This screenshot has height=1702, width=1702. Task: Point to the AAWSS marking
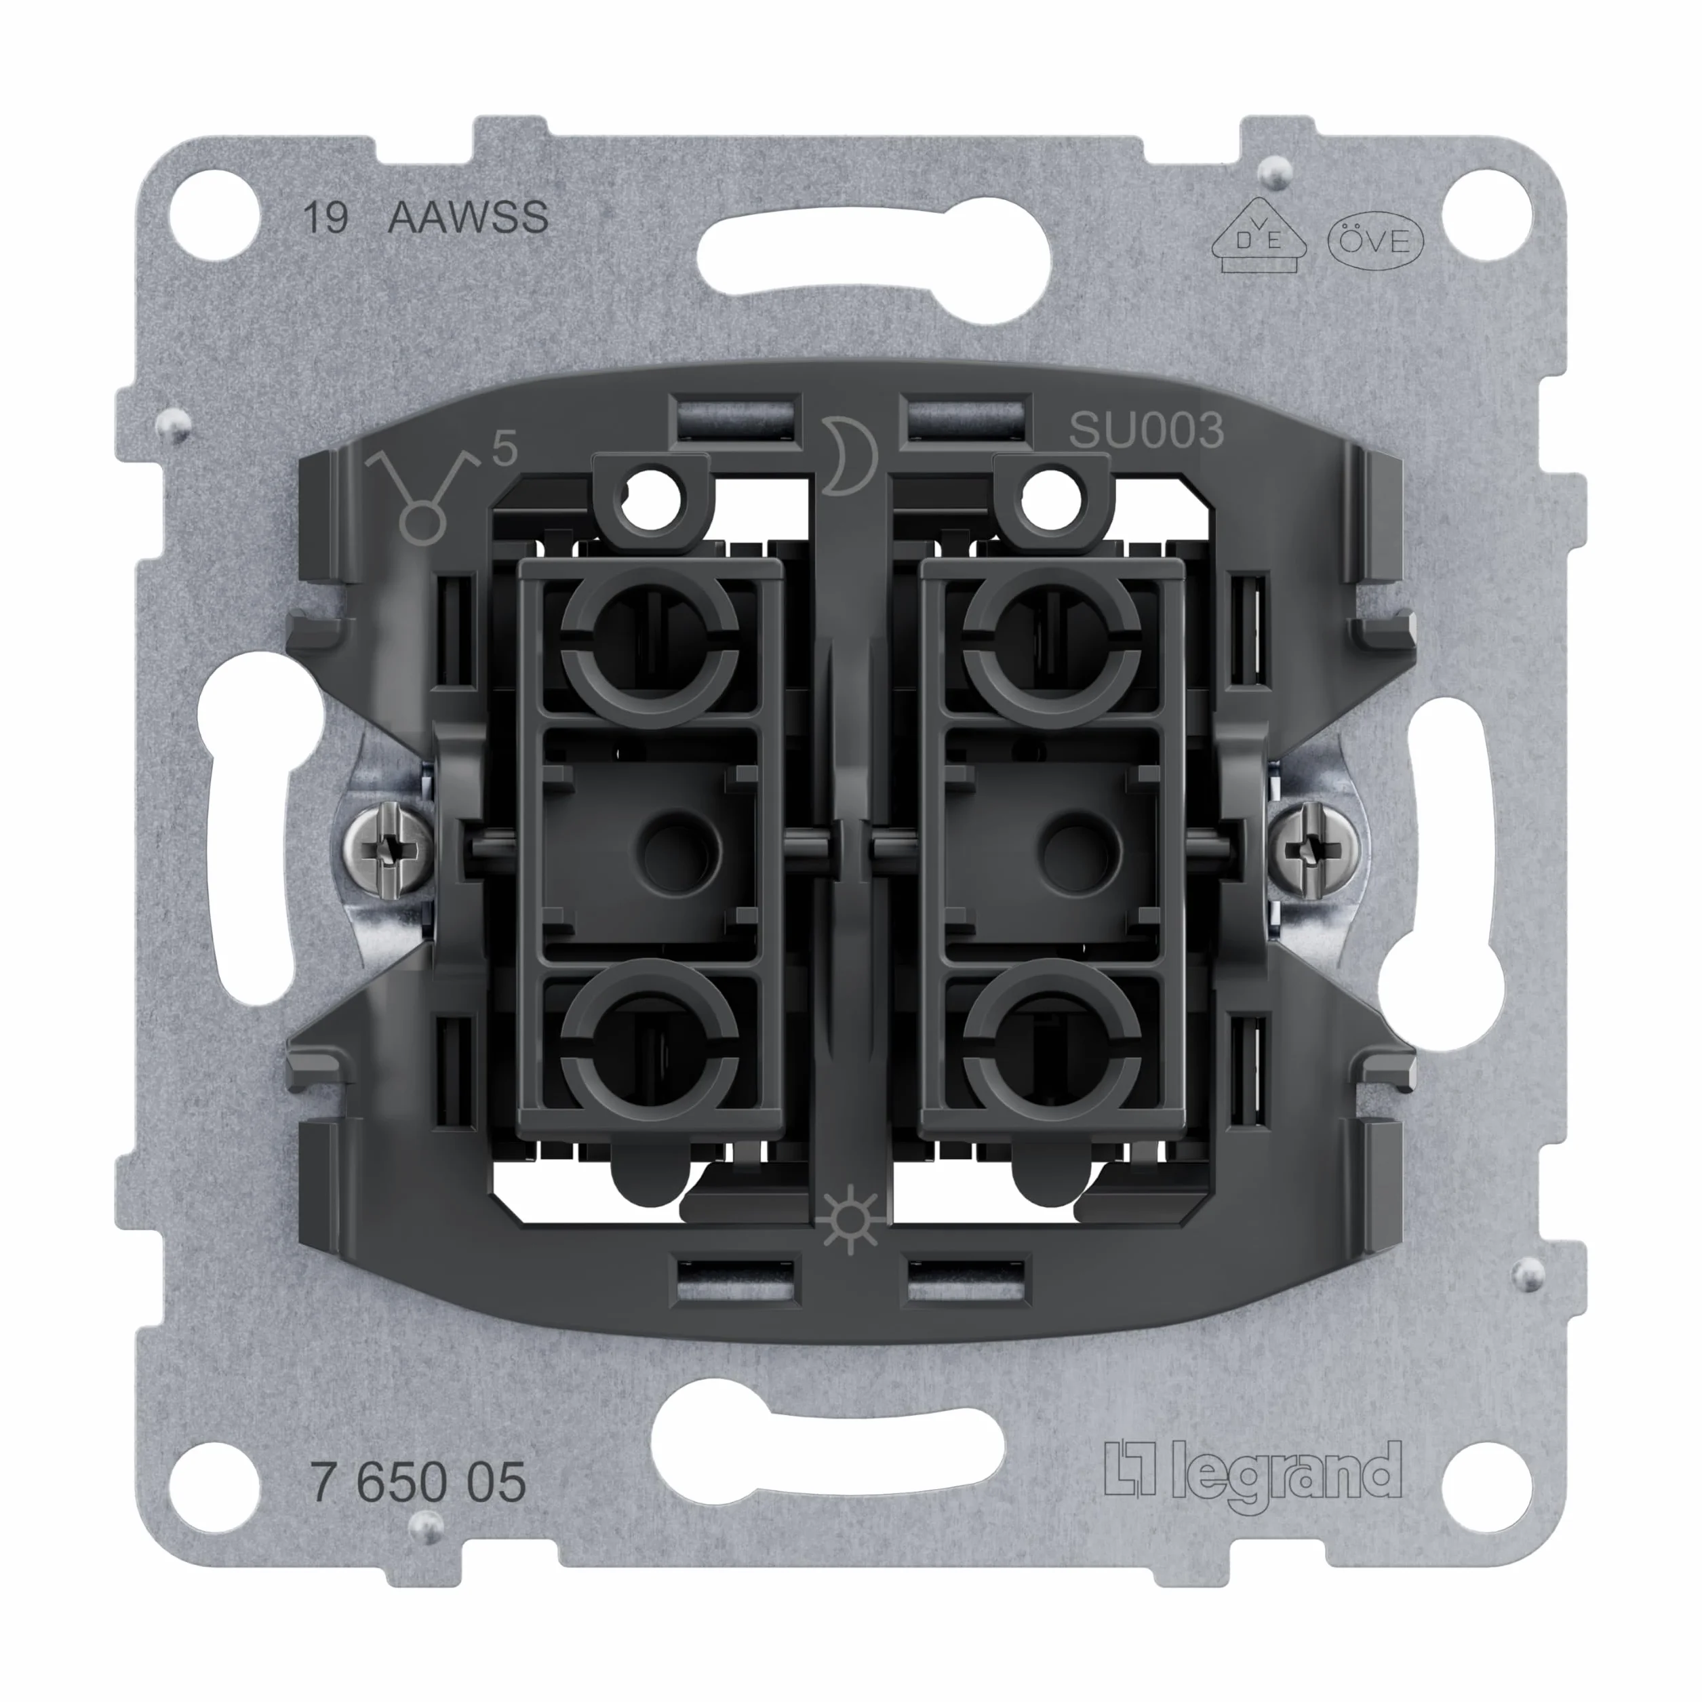(468, 217)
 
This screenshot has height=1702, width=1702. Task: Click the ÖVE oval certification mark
(1375, 241)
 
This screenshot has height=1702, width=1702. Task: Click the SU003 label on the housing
(1146, 431)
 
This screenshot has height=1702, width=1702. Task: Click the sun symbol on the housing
(849, 1222)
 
